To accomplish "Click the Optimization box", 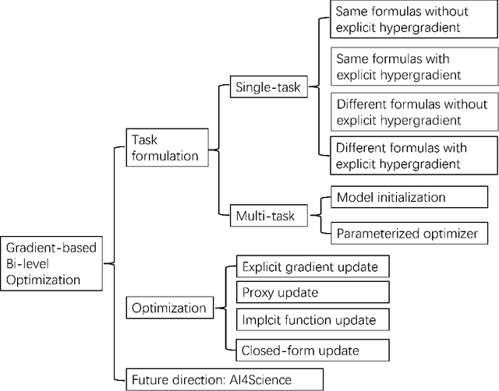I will click(x=168, y=308).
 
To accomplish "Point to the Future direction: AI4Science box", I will click(x=221, y=381).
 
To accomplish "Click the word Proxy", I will click(x=258, y=293).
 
